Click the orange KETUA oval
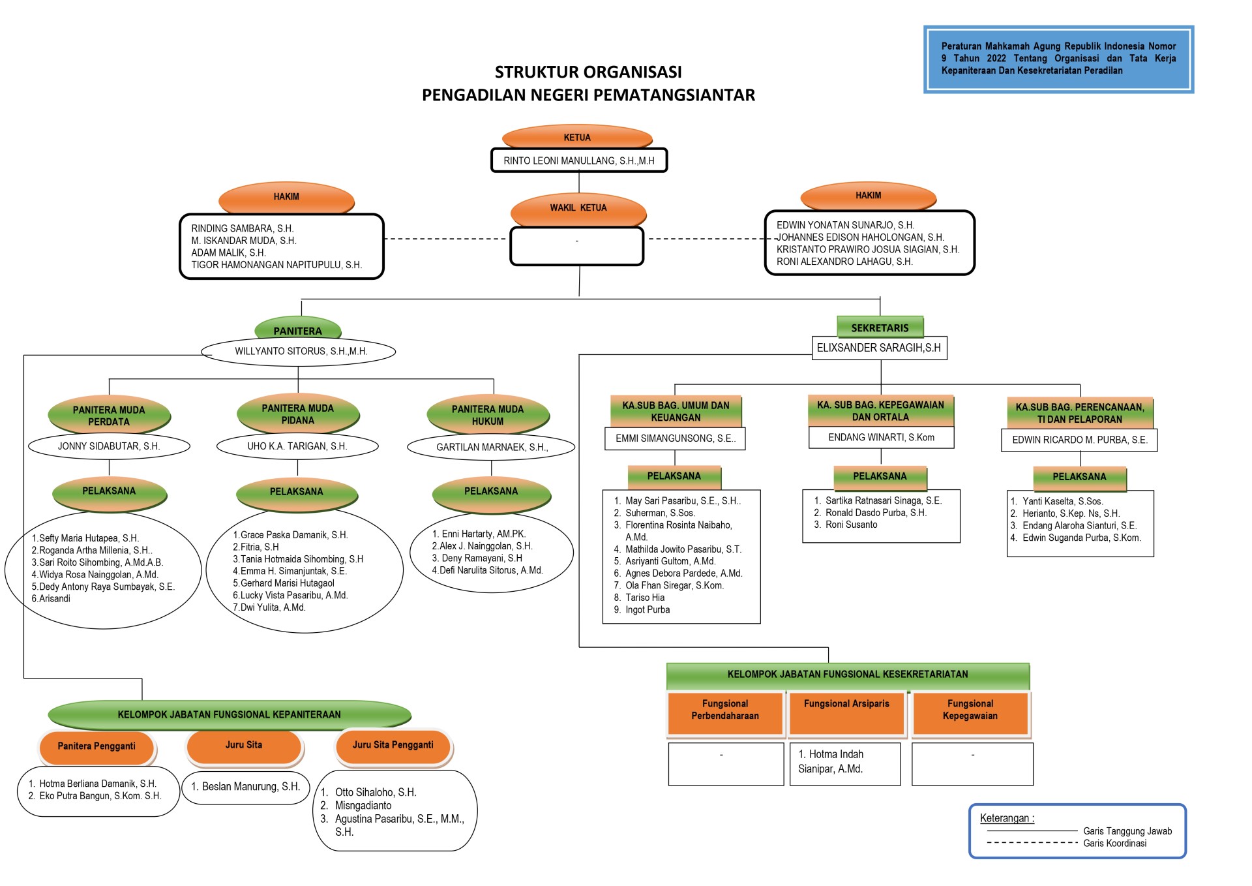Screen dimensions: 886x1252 tap(577, 138)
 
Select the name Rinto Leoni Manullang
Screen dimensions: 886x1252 tap(578, 160)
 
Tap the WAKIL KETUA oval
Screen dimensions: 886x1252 tap(578, 208)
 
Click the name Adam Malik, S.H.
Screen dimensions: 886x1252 tap(228, 252)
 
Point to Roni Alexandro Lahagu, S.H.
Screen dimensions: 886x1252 tap(844, 262)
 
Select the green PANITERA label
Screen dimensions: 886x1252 tap(297, 331)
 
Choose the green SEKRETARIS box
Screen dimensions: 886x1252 tap(880, 328)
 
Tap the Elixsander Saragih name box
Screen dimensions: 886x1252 tap(878, 348)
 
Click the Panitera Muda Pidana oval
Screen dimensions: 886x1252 tap(297, 414)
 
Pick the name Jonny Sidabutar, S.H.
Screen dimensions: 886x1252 tap(109, 446)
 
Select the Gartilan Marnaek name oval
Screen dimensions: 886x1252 tap(492, 447)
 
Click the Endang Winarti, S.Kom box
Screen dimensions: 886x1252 tap(881, 437)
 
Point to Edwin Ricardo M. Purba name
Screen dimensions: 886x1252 tap(1079, 440)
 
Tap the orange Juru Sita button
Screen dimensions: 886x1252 tap(244, 745)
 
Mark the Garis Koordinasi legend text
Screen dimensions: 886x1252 tap(1114, 843)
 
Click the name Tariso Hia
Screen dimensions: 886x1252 tap(644, 598)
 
